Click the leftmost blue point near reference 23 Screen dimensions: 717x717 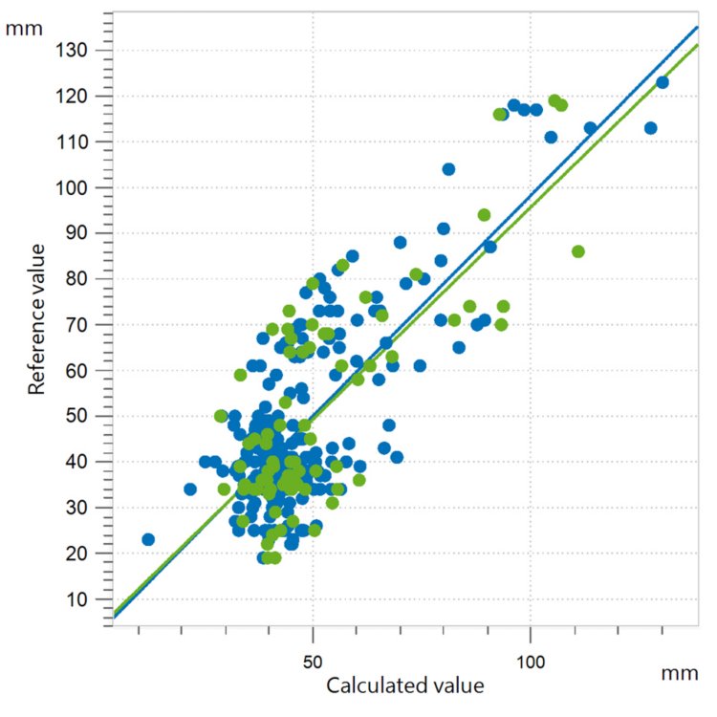148,539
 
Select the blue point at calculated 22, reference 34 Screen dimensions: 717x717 190,489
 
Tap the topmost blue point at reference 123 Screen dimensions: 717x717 662,82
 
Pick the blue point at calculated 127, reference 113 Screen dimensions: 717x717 651,128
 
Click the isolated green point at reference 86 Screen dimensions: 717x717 577,251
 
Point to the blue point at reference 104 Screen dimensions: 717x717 448,169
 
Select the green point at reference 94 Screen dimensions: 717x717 484,215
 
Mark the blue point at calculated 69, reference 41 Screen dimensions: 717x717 397,457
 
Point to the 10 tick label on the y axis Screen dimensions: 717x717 86,599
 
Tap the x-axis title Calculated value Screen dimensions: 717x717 404,685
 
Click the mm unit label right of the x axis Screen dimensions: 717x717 679,673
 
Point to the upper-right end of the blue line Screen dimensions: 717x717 697,27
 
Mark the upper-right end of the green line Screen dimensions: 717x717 697,45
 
